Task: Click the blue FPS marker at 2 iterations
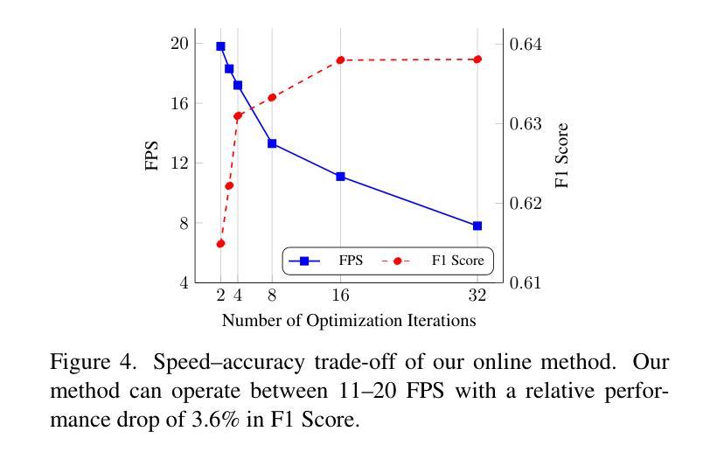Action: [220, 46]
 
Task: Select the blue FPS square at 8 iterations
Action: [272, 143]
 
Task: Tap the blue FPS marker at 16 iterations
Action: [341, 177]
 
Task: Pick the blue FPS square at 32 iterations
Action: [477, 226]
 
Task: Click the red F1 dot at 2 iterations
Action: [220, 244]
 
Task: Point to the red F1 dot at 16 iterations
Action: [341, 59]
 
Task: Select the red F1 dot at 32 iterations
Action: [477, 59]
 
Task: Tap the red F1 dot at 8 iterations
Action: [272, 97]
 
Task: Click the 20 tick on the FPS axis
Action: [180, 44]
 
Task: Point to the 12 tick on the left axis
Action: [180, 163]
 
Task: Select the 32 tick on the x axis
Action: [477, 296]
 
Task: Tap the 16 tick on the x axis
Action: [341, 296]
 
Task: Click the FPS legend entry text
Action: [352, 261]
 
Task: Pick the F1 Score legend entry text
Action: [456, 261]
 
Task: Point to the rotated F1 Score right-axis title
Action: [562, 156]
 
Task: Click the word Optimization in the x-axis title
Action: [353, 321]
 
